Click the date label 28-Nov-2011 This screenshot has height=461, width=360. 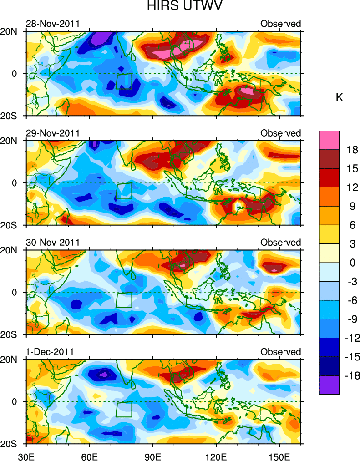53,24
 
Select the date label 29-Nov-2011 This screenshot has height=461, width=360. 53,133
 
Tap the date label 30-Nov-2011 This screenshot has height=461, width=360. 53,243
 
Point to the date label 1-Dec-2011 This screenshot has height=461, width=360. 50,352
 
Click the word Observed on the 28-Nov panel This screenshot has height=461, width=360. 280,24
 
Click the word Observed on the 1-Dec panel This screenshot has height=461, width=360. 280,352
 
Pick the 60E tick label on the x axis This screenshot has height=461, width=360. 90,455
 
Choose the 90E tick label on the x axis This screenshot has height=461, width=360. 153,455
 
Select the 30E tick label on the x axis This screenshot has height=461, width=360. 26,455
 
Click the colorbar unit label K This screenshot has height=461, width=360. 339,97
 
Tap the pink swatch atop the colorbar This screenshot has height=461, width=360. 329,140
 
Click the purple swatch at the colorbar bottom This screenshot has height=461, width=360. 329,385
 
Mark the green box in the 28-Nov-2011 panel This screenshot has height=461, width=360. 124,81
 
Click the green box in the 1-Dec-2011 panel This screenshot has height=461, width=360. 124,409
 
